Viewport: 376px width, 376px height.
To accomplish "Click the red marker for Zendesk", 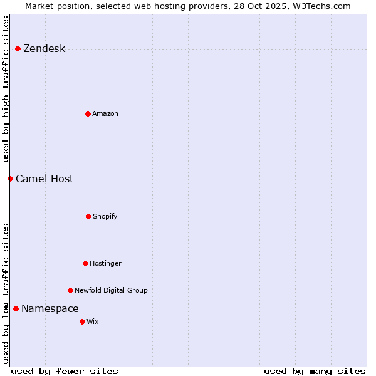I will (x=18, y=48).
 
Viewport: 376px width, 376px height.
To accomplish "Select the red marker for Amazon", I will (x=88, y=113).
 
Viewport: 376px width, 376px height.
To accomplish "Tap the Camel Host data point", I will (x=10, y=179).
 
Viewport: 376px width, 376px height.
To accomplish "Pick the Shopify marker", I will (x=88, y=216).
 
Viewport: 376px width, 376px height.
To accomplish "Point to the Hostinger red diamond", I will (x=85, y=263).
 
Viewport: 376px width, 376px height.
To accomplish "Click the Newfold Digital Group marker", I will (x=70, y=290).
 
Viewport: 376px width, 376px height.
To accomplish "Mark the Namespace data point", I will (x=16, y=308).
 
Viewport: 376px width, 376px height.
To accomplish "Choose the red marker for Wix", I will (x=82, y=321).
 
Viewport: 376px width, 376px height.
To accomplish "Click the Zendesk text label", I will (x=44, y=49).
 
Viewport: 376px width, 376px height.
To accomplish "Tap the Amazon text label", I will (x=105, y=114).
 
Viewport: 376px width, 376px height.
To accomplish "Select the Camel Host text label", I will (x=44, y=179).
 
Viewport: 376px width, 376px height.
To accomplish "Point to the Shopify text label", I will (x=105, y=217).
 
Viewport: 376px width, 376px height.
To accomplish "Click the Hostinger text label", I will (x=105, y=264).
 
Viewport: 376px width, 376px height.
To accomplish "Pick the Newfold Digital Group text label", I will (x=111, y=291).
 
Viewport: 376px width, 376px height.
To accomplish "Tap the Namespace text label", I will (x=50, y=309).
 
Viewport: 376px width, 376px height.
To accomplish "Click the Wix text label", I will (x=93, y=322).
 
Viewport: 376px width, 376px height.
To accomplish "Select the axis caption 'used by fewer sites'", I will (x=65, y=372).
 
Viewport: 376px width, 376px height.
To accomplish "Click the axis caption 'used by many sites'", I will (x=315, y=372).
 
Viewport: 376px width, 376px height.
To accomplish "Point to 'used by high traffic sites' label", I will (x=6, y=89).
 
